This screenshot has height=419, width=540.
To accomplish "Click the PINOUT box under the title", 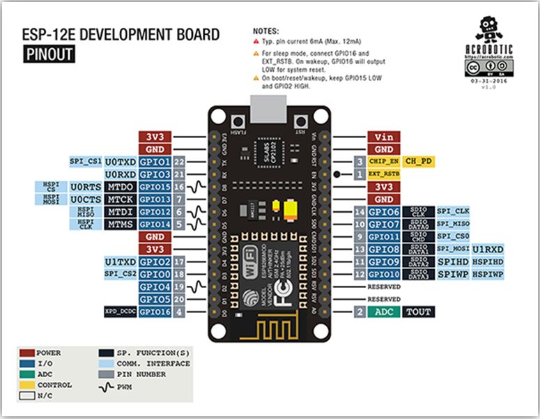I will [49, 54].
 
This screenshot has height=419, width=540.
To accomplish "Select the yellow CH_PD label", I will [419, 162].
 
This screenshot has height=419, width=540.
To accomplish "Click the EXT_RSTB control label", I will [384, 174].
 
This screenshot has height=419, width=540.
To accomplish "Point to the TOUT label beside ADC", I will [419, 312].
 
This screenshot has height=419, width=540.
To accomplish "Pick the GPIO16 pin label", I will [155, 312].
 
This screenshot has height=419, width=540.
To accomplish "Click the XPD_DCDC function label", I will [120, 312].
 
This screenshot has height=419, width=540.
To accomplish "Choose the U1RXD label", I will [488, 249].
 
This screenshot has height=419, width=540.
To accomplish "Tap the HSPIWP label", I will [488, 275].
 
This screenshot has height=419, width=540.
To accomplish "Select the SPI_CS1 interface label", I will [86, 162].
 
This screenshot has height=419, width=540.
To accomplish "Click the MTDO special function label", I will [120, 187].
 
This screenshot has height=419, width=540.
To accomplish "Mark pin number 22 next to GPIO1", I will [180, 162].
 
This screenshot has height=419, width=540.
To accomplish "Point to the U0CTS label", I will [86, 199].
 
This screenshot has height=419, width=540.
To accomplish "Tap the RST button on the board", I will [301, 118].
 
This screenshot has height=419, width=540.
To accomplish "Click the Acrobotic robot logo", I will [491, 31].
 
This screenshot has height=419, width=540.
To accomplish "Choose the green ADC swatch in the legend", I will [27, 374].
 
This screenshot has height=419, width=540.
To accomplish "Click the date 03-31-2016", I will [491, 81].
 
